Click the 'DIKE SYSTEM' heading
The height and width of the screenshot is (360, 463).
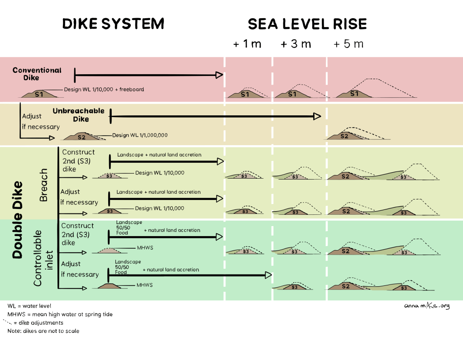click(x=113, y=24)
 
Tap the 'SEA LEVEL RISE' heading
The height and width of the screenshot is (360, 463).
click(x=307, y=24)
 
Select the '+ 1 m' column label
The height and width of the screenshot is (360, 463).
click(x=247, y=44)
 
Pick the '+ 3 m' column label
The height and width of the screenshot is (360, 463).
click(x=296, y=44)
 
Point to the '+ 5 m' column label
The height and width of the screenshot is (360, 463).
click(x=348, y=44)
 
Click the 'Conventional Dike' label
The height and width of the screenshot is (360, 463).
click(x=37, y=74)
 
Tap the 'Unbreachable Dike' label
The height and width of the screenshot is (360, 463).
click(x=79, y=115)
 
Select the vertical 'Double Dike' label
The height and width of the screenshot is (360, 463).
click(x=17, y=220)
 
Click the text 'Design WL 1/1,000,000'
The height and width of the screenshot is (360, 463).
click(x=140, y=135)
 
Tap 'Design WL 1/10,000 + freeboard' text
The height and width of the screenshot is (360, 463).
click(x=104, y=89)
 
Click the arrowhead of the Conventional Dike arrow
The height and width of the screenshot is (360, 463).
click(x=220, y=75)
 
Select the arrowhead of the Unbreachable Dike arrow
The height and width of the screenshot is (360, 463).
click(x=317, y=116)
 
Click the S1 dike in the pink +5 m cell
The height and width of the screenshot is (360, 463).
click(x=354, y=94)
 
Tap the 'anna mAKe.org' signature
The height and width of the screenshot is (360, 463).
click(x=427, y=306)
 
